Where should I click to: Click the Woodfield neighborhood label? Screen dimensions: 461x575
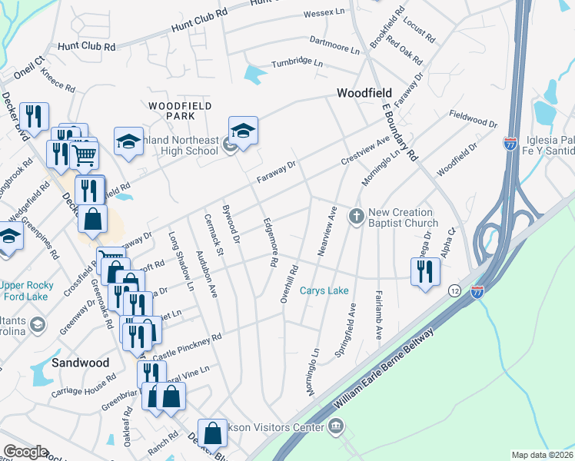(364, 93)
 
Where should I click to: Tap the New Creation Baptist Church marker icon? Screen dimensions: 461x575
(356, 217)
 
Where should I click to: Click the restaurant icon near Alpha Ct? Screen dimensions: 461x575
(424, 271)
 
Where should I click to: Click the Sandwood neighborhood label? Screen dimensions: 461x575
(78, 361)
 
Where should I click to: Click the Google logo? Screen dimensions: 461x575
(26, 452)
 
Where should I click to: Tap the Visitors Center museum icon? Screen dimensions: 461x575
(335, 426)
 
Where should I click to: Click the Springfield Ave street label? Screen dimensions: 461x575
(346, 330)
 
